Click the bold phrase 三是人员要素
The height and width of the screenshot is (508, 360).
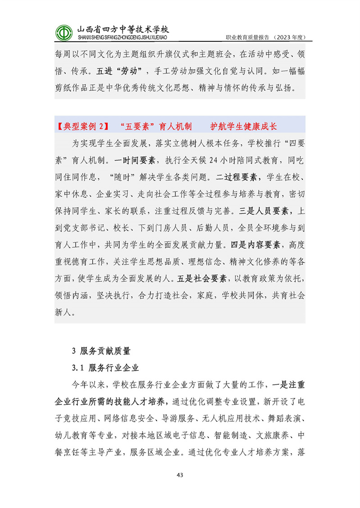(x=268, y=211)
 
